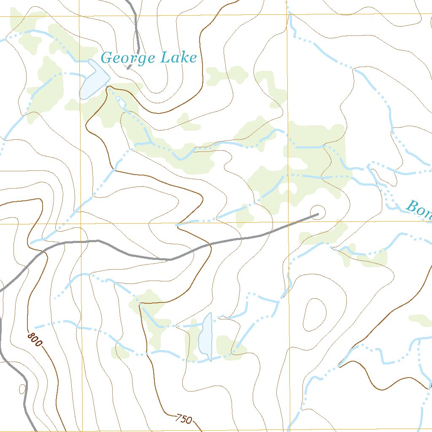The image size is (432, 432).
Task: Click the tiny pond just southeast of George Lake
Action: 120,101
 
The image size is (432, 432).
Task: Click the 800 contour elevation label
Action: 35,340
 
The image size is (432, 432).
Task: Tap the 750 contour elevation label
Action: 184,419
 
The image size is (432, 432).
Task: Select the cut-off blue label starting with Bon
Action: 418,209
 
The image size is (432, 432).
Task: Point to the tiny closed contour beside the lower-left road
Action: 22,388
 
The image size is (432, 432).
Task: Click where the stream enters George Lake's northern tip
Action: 90,61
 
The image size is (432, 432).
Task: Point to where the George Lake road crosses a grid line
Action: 135,16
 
